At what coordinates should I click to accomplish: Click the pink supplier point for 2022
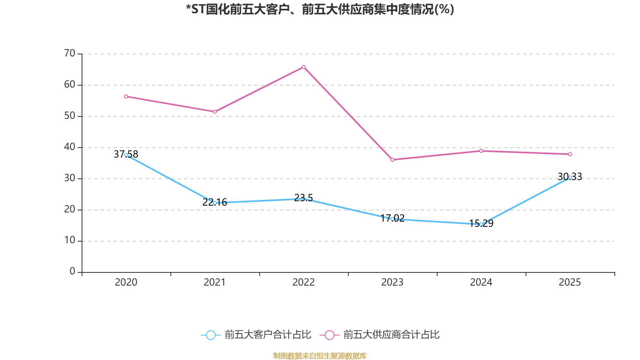[304, 67]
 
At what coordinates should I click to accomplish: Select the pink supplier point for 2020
[126, 96]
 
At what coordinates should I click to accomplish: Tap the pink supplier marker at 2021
[215, 112]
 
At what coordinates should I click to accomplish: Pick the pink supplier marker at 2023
[392, 160]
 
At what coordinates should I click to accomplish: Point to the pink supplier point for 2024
[481, 151]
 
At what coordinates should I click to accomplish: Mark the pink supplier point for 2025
[570, 154]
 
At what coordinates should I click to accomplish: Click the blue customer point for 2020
[126, 155]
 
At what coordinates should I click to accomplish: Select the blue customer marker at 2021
[215, 203]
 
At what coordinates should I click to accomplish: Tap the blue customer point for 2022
[304, 199]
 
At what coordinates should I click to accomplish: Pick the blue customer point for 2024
[481, 224]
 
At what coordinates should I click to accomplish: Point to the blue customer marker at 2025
[570, 177]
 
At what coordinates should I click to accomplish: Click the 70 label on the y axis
[70, 53]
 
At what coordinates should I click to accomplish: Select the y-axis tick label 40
[70, 147]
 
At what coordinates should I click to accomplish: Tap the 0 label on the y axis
[72, 272]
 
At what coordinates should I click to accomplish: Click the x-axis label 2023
[392, 282]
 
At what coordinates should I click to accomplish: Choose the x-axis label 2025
[570, 282]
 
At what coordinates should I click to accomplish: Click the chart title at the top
[320, 10]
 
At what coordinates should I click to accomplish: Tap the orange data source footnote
[320, 356]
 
